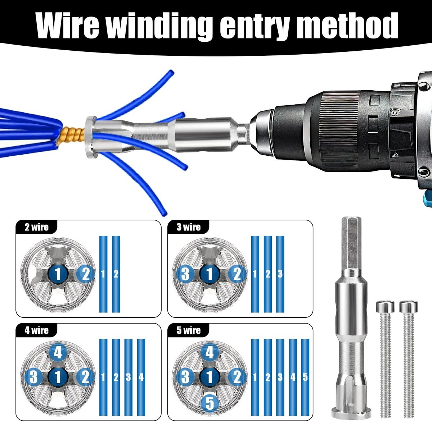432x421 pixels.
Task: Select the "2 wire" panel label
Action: (36, 227)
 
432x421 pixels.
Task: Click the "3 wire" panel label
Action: (189, 227)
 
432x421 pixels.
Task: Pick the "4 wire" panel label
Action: (36, 330)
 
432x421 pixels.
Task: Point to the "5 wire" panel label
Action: (189, 330)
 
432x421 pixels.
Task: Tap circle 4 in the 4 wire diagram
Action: (58, 353)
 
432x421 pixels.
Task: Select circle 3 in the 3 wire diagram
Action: (185, 274)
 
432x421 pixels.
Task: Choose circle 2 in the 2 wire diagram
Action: (85, 274)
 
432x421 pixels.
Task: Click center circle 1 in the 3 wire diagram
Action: (210, 274)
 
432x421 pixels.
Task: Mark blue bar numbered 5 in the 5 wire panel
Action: (305, 377)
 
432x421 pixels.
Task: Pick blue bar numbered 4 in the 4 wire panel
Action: (141, 377)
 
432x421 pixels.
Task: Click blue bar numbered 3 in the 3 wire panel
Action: (280, 274)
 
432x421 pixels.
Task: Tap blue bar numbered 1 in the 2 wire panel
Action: (103, 274)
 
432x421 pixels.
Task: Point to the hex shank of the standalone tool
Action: (351, 243)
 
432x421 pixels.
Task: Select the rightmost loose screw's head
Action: (409, 307)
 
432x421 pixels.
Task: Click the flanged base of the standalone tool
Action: (351, 412)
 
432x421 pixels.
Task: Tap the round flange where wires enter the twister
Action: (91, 137)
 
